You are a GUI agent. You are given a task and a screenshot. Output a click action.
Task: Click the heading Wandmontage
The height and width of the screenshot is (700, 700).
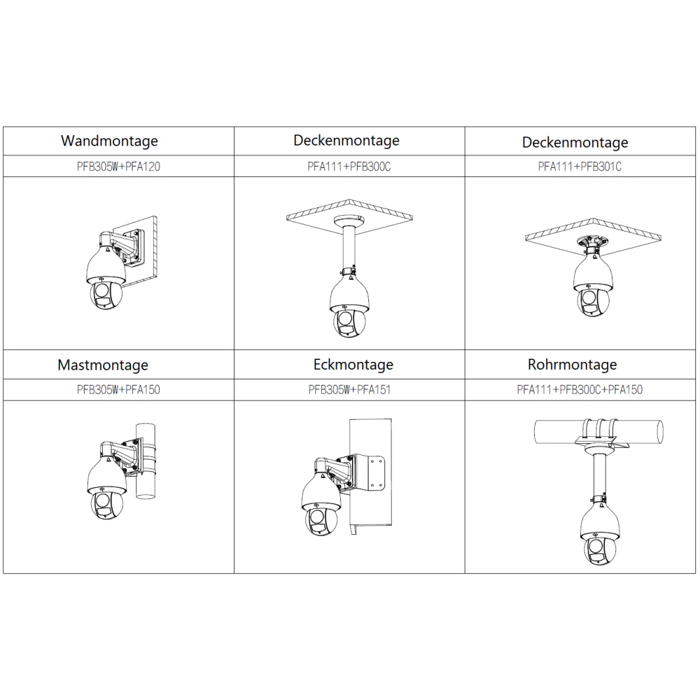(x=109, y=141)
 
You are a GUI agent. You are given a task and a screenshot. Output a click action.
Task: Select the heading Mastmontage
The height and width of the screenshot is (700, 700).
(x=103, y=365)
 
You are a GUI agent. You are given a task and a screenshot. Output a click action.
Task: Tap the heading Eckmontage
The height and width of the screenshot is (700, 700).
(x=353, y=364)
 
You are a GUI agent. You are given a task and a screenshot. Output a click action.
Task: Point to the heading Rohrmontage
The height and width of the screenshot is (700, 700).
(x=572, y=364)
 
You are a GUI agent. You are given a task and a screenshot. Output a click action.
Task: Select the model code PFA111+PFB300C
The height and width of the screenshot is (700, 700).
(x=349, y=167)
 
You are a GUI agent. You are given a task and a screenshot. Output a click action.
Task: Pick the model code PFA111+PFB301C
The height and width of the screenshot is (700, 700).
(x=580, y=167)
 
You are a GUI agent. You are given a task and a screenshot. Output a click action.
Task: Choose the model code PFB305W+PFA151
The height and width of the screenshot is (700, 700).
(x=349, y=389)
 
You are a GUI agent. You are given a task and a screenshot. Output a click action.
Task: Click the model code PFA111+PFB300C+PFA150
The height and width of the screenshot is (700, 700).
(x=580, y=389)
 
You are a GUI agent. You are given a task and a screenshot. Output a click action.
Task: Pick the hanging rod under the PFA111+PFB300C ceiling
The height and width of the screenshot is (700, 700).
(x=348, y=245)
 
